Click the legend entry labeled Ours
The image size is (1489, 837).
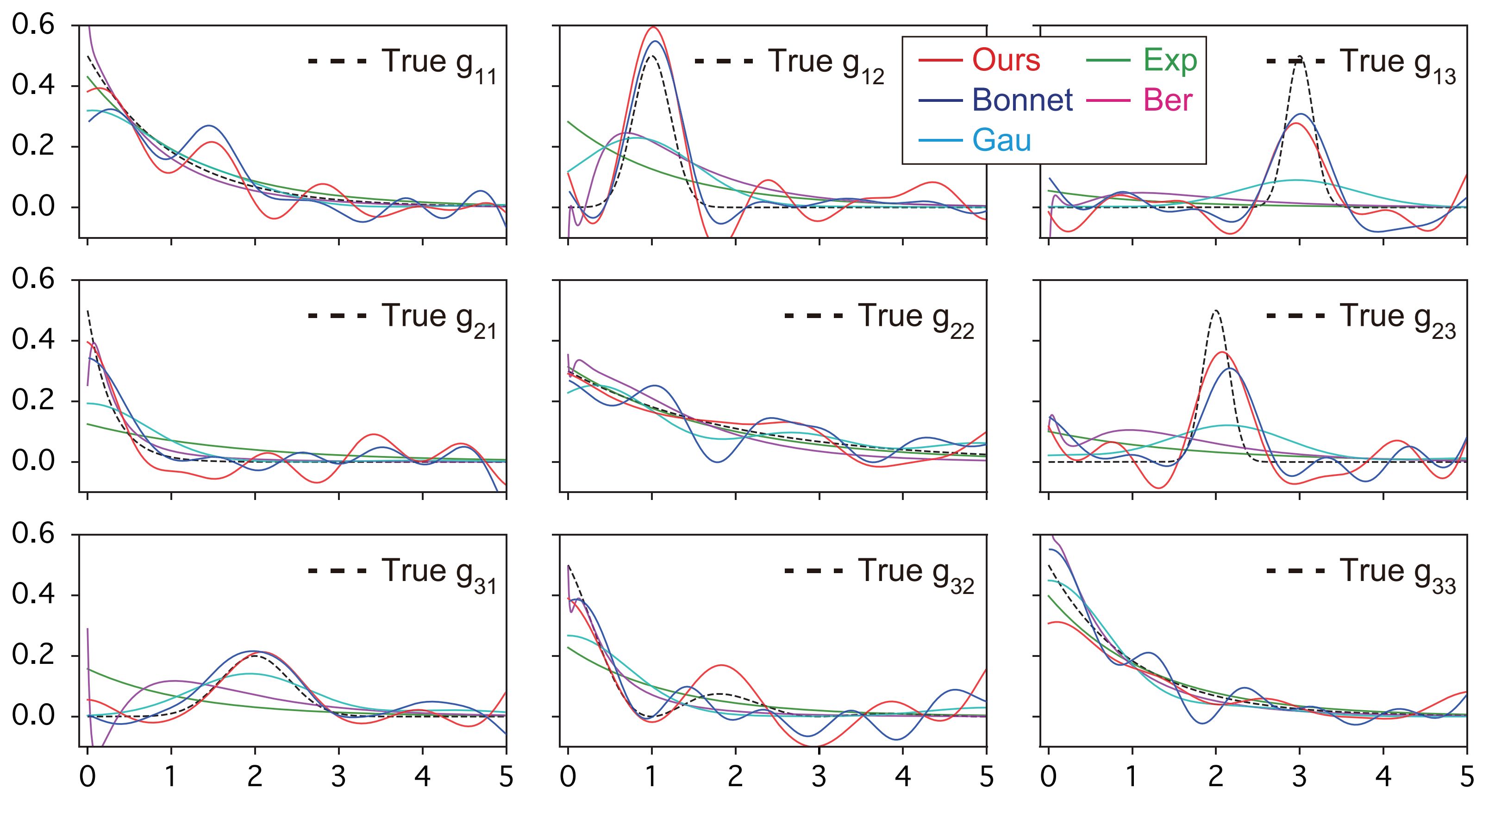[x=1006, y=60]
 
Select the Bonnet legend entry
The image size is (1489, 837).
[x=1022, y=100]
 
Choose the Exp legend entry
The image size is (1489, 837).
[x=1170, y=60]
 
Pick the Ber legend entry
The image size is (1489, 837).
[x=1168, y=100]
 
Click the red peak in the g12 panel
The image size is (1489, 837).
[x=653, y=28]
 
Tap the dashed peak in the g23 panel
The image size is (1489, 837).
[x=1215, y=312]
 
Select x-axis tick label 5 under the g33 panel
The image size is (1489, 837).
[x=1466, y=777]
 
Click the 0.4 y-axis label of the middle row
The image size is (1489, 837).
[x=33, y=340]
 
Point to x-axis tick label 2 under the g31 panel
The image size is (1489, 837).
[x=254, y=777]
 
